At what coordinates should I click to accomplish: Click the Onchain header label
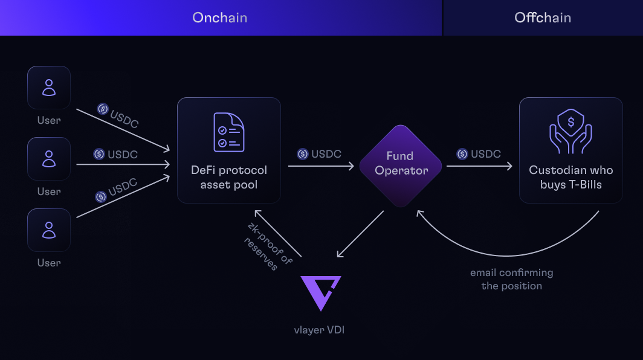(219, 18)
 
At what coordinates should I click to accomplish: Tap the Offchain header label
(542, 18)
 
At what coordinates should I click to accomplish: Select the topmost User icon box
(49, 88)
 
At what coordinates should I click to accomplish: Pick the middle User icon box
(49, 159)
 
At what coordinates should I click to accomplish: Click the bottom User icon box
(49, 230)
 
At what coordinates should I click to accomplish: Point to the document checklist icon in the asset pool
(228, 132)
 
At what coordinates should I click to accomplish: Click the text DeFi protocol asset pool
(228, 177)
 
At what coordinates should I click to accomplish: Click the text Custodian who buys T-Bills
(570, 177)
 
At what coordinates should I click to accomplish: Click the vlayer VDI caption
(321, 330)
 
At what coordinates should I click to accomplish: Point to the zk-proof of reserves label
(265, 247)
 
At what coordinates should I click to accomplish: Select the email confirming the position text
(511, 279)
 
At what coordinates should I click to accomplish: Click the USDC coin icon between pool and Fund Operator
(303, 154)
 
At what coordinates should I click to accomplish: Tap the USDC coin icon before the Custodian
(462, 154)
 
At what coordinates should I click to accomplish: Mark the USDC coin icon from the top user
(103, 109)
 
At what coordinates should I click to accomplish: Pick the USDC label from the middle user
(123, 155)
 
